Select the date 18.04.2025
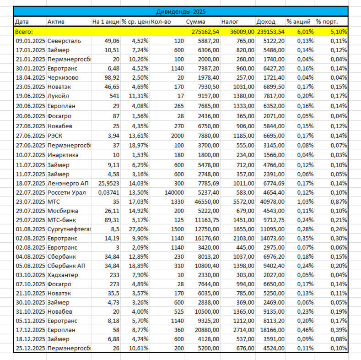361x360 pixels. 30,77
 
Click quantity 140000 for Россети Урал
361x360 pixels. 174,193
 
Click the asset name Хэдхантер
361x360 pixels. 63,275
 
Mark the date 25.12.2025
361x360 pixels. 30,349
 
